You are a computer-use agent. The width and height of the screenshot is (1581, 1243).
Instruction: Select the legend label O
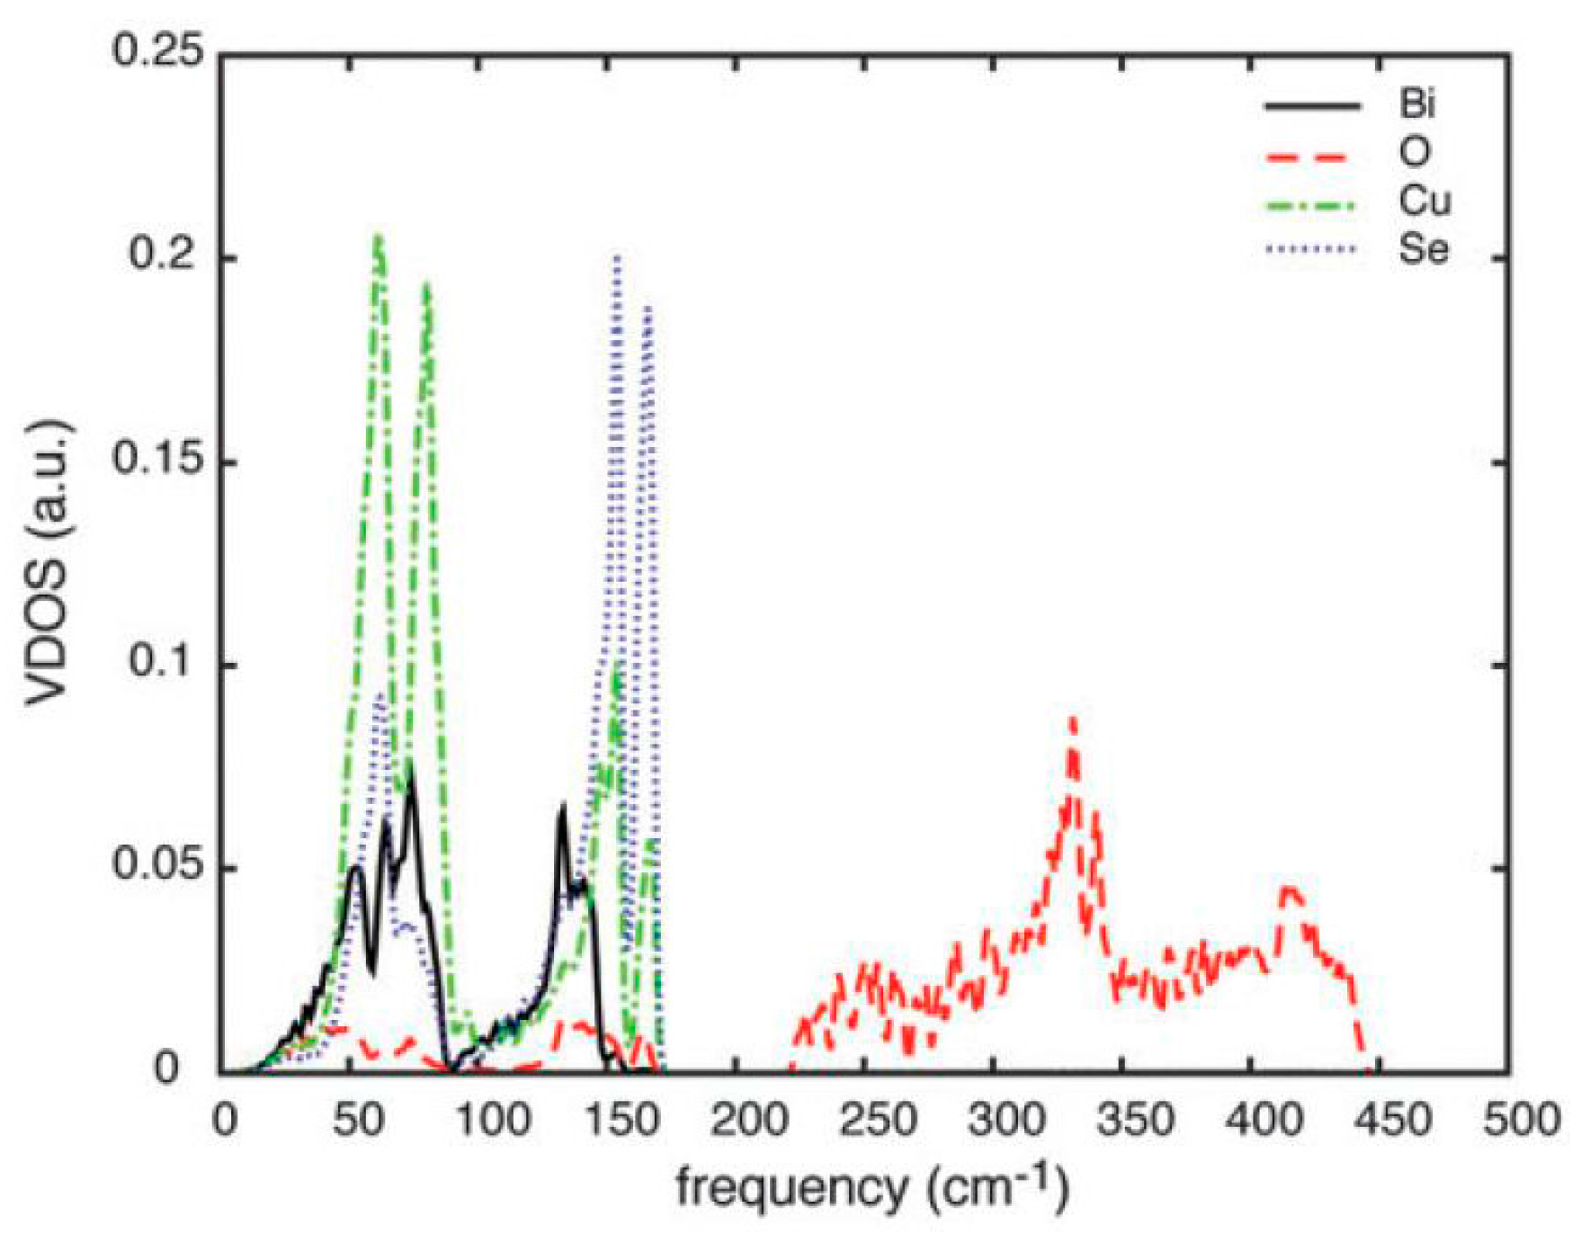point(1414,153)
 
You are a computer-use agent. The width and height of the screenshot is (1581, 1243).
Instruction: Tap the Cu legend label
point(1424,201)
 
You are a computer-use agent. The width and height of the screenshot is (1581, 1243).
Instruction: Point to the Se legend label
point(1423,248)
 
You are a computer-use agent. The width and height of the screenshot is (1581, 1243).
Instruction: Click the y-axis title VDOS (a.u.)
point(47,562)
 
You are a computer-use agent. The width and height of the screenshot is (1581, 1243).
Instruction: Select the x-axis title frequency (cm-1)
point(871,1187)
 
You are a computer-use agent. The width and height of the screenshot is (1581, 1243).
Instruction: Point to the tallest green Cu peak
point(379,237)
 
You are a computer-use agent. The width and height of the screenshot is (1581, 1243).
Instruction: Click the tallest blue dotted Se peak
point(617,258)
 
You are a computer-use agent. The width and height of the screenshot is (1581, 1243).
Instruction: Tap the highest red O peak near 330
point(1073,720)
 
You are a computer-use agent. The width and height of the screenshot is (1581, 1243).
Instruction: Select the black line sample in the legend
point(1312,106)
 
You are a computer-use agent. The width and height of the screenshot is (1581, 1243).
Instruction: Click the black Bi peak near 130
point(563,806)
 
